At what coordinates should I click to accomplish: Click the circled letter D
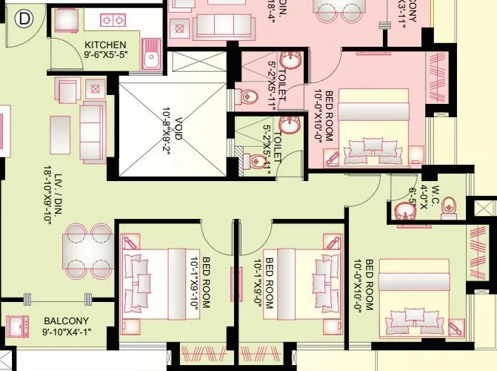(x=24, y=16)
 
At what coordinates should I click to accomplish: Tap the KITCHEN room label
(x=105, y=45)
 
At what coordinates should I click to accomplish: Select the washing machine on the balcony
(x=17, y=324)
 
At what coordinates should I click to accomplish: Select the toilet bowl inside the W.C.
(x=450, y=211)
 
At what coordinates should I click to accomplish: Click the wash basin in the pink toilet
(x=292, y=61)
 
